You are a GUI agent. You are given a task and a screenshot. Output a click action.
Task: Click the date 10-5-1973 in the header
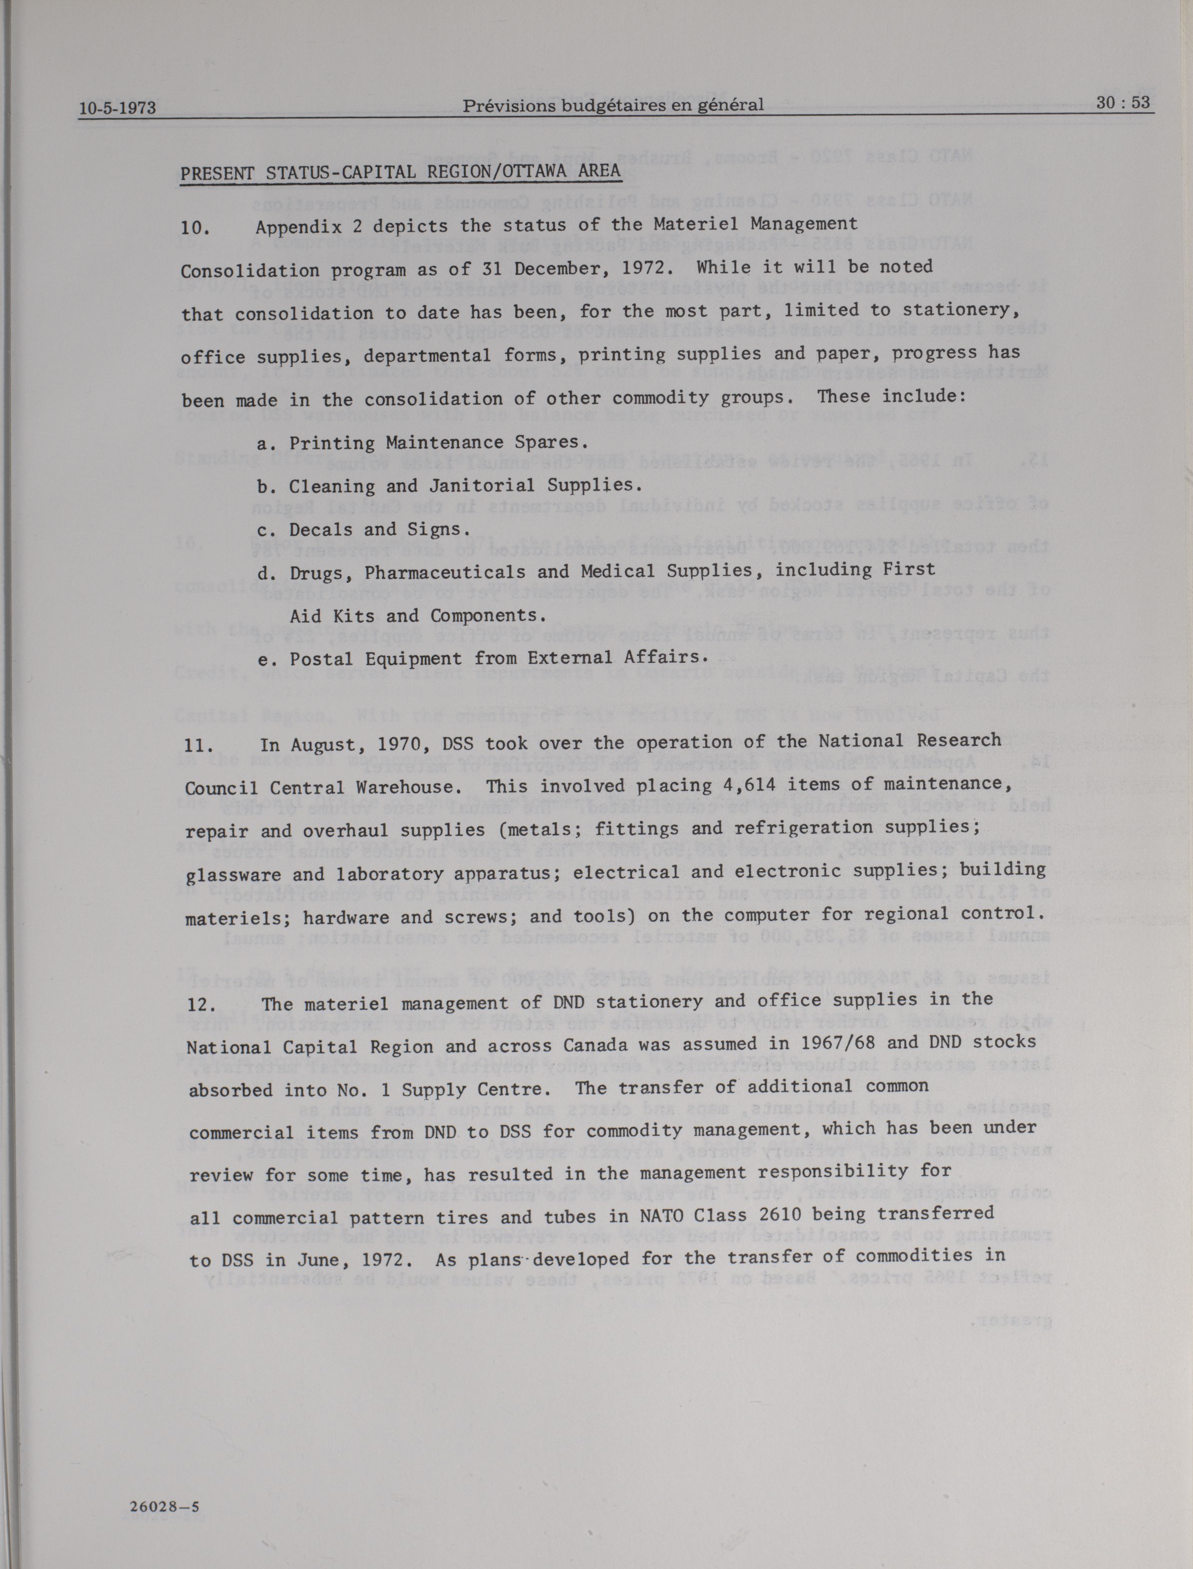click(x=117, y=109)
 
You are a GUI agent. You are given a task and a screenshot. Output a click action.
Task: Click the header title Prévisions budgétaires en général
click(x=613, y=105)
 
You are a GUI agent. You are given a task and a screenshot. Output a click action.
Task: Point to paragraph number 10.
click(x=195, y=228)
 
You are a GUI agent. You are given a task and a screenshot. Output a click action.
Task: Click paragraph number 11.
click(x=199, y=746)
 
